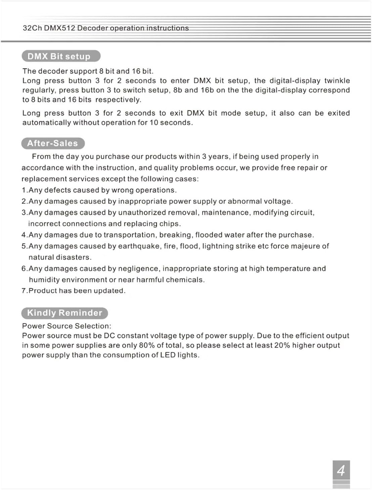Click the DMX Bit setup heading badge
pyautogui.click(x=61, y=56)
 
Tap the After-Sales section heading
pyautogui.click(x=53, y=143)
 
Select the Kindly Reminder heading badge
pyautogui.click(x=64, y=313)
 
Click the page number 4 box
pyautogui.click(x=341, y=470)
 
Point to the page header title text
pyautogui.click(x=106, y=28)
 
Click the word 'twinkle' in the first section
pyautogui.click(x=337, y=81)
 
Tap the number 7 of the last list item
pyautogui.click(x=24, y=291)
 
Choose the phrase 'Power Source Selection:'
pyautogui.click(x=66, y=326)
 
